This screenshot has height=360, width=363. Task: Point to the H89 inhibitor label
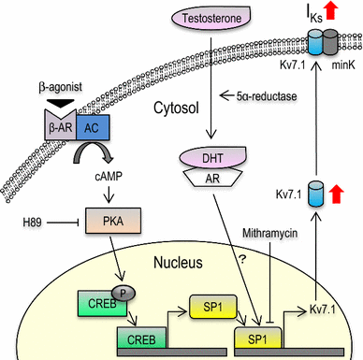(34, 223)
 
